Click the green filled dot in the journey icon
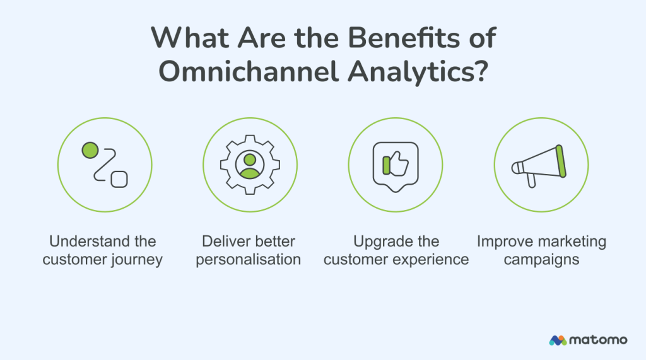coord(90,150)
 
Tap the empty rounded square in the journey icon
coord(119,179)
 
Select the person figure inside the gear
coord(250,163)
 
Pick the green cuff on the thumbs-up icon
coord(386,165)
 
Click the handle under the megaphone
coord(531,180)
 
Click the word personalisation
coord(248,260)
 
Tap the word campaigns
coord(541,260)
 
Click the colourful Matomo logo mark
coord(558,340)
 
